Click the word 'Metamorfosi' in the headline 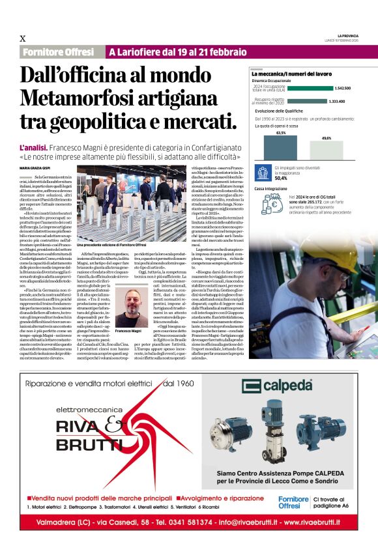pyautogui.click(x=74, y=98)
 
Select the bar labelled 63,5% pyautogui.click(x=281, y=147)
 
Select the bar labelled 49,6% pyautogui.click(x=327, y=149)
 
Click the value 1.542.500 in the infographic pyautogui.click(x=343, y=88)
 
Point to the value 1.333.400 pyautogui.click(x=337, y=101)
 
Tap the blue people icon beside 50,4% pyautogui.click(x=263, y=173)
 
